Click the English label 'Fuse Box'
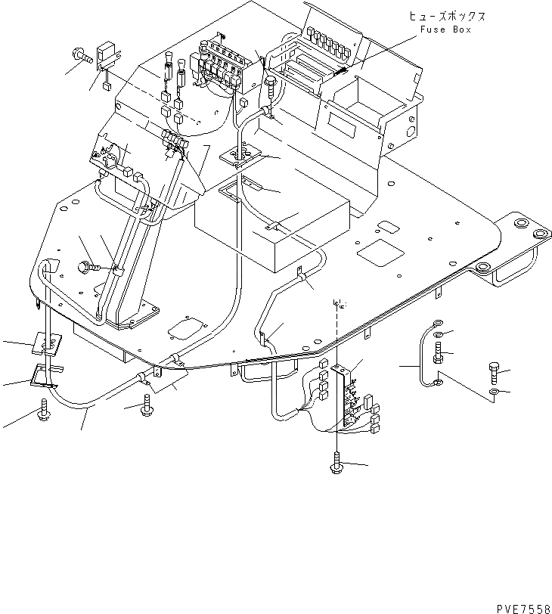coord(445,29)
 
